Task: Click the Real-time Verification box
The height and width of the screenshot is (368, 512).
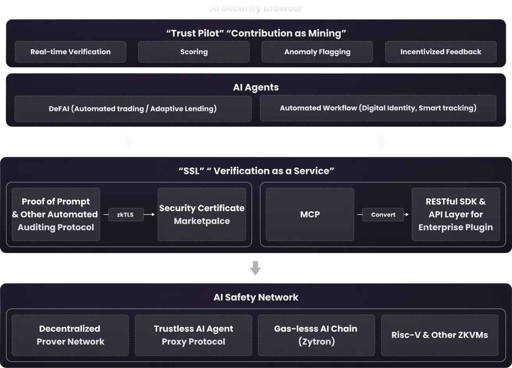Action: pos(71,52)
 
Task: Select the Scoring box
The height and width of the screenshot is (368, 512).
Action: pos(194,52)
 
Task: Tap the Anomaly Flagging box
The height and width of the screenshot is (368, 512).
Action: pos(317,52)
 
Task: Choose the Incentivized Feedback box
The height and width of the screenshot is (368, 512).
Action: pos(441,52)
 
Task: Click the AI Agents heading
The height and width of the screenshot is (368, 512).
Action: pos(256,87)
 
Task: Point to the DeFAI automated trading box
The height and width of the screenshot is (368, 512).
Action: pos(133,109)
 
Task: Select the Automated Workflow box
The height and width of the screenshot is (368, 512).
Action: pos(378,108)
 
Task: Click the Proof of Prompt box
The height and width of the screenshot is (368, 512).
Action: pos(56,214)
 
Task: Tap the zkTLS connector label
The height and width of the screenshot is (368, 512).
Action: pos(125,215)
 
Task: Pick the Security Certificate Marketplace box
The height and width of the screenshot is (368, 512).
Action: pos(202,214)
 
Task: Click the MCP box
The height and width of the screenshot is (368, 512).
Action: pos(310,214)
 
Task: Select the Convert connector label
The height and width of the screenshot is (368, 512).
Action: pos(383,215)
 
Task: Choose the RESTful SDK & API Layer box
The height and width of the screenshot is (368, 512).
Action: pos(455,214)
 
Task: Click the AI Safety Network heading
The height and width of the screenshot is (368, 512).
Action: pos(256,297)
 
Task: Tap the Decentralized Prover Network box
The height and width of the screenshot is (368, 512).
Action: pos(70,335)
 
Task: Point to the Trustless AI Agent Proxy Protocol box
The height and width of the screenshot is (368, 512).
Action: pos(194,335)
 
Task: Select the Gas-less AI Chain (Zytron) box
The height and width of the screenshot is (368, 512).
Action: pos(316,335)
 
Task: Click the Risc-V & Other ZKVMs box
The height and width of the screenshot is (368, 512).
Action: pos(439,335)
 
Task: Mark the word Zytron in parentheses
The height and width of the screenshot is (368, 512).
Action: pos(316,342)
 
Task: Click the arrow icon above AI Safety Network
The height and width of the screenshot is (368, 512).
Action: pos(256,268)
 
